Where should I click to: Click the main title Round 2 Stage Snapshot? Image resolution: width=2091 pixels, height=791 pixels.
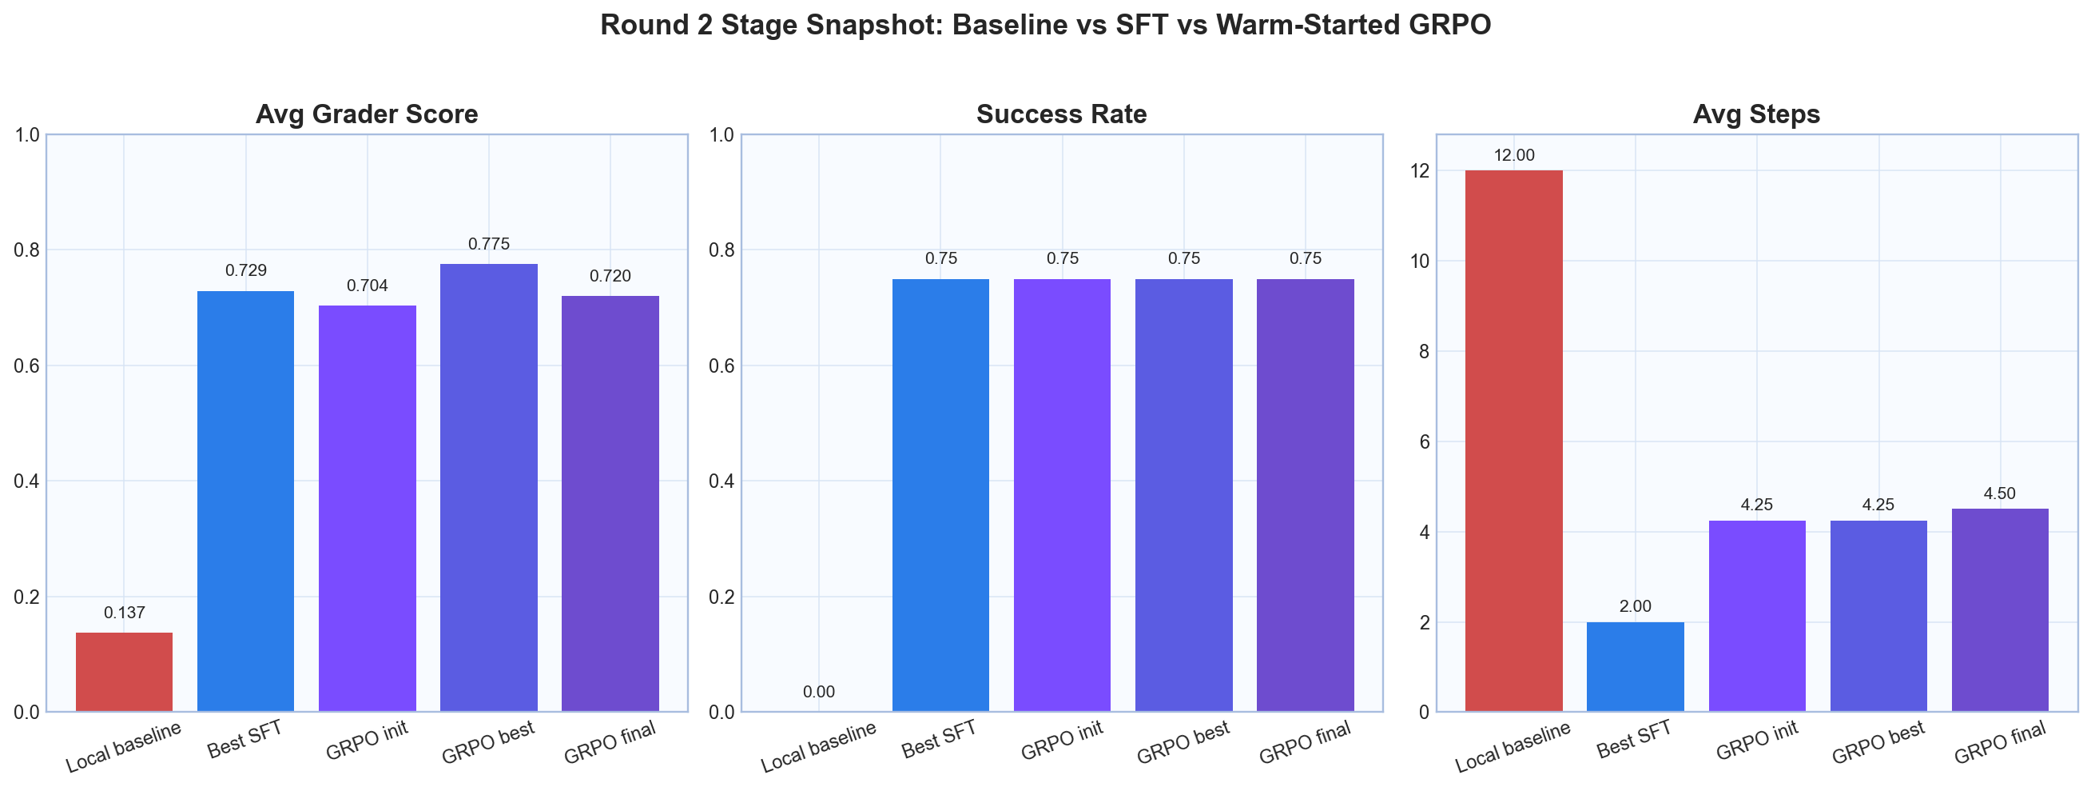click(x=1045, y=26)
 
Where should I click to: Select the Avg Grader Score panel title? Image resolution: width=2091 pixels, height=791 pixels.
click(x=367, y=114)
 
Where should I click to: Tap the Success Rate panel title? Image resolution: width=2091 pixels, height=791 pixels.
click(x=1062, y=114)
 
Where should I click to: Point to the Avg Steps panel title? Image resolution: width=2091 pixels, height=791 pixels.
click(x=1756, y=114)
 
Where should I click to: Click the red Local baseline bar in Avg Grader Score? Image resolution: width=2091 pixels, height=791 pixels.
click(x=124, y=673)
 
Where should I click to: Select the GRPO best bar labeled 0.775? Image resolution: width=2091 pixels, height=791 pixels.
click(x=489, y=487)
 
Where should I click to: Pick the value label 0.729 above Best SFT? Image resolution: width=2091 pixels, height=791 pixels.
click(x=246, y=270)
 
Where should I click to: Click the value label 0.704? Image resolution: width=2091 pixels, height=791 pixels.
click(x=367, y=286)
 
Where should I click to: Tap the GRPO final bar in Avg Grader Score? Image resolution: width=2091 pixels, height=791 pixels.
click(x=610, y=504)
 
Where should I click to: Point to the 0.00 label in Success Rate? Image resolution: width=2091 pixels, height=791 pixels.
click(x=819, y=693)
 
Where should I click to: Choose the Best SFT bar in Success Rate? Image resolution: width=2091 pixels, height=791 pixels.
click(x=940, y=495)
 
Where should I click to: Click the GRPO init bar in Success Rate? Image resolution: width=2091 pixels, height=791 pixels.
click(x=1063, y=495)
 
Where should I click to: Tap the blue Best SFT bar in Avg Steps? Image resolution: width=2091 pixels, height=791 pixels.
click(x=1636, y=667)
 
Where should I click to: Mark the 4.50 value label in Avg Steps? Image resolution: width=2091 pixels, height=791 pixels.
click(x=2000, y=493)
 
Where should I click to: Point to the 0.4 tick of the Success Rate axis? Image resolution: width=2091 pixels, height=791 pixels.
click(x=721, y=481)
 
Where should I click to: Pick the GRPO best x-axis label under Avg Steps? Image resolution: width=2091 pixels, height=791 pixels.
click(x=1878, y=743)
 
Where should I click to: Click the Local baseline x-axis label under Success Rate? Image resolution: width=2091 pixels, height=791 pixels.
click(x=819, y=747)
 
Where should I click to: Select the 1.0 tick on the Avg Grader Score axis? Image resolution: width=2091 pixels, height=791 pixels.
click(x=26, y=135)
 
